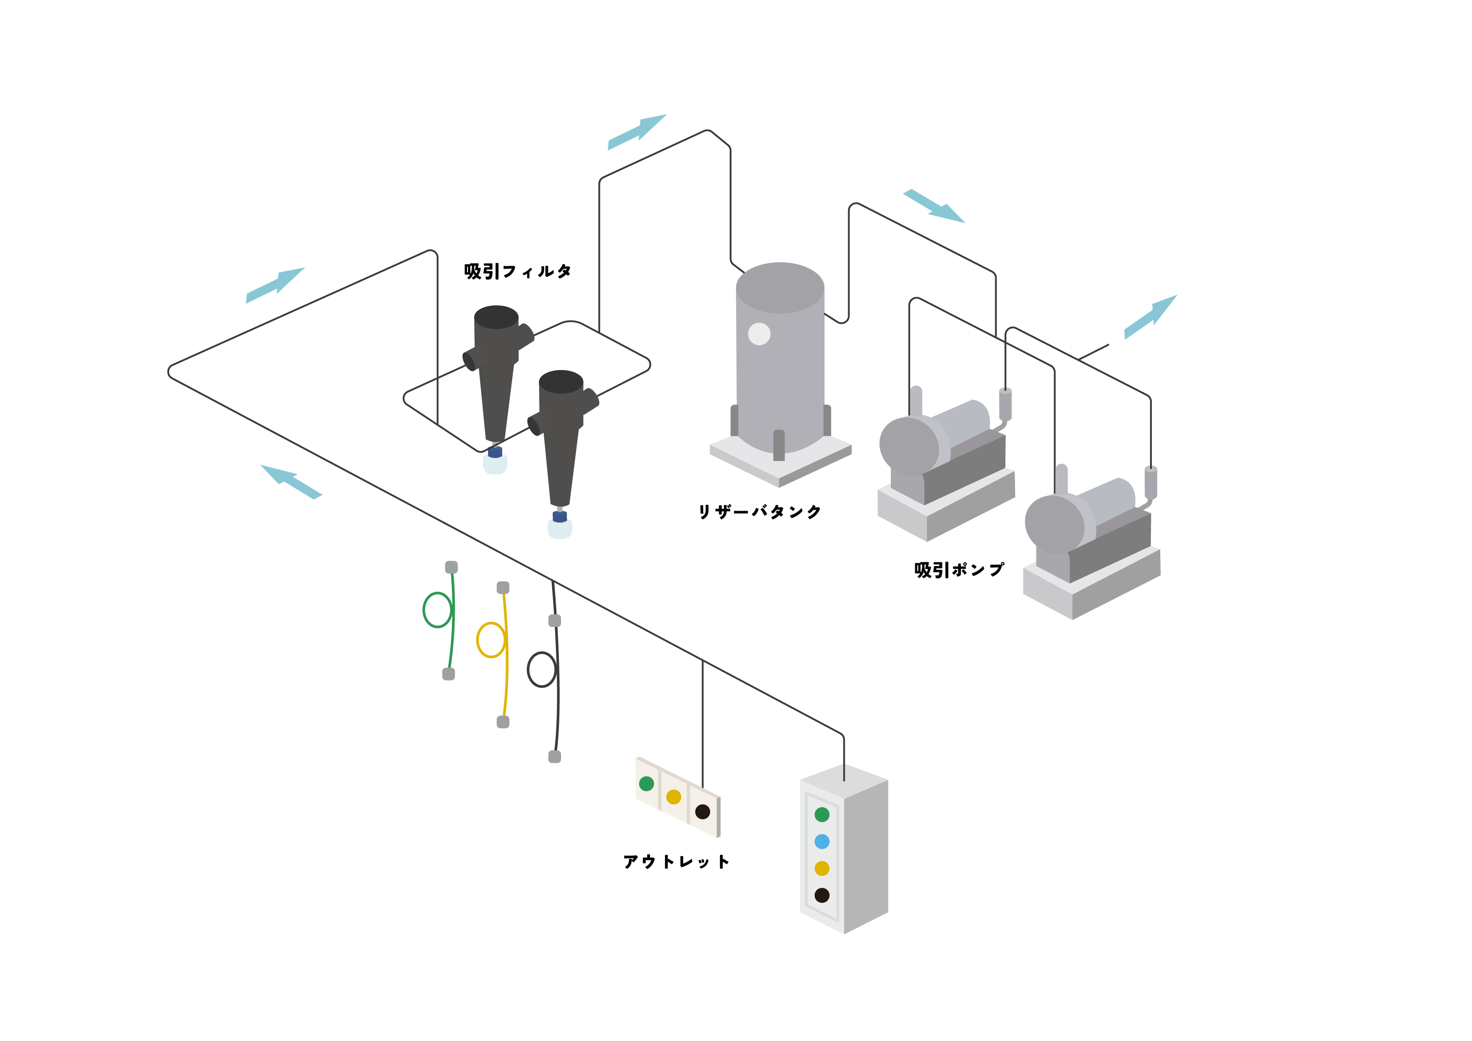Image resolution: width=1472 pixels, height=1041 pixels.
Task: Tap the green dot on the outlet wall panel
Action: click(x=646, y=783)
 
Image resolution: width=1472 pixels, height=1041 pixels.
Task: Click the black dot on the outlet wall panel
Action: click(x=703, y=811)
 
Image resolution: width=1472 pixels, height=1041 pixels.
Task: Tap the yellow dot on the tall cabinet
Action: click(x=822, y=869)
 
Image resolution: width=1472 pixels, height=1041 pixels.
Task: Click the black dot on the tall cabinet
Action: click(x=822, y=895)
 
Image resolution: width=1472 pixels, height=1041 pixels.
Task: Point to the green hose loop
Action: click(x=437, y=610)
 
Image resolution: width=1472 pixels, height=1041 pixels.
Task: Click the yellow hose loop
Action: click(x=491, y=640)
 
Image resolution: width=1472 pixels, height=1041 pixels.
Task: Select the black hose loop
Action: click(x=542, y=670)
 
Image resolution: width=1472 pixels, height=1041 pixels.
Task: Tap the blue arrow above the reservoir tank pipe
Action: click(x=637, y=132)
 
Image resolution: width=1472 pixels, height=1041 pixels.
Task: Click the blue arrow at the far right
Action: click(x=1151, y=317)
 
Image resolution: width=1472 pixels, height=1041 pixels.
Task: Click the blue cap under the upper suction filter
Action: click(x=495, y=452)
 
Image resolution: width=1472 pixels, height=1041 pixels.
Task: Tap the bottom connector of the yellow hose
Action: click(x=503, y=722)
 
